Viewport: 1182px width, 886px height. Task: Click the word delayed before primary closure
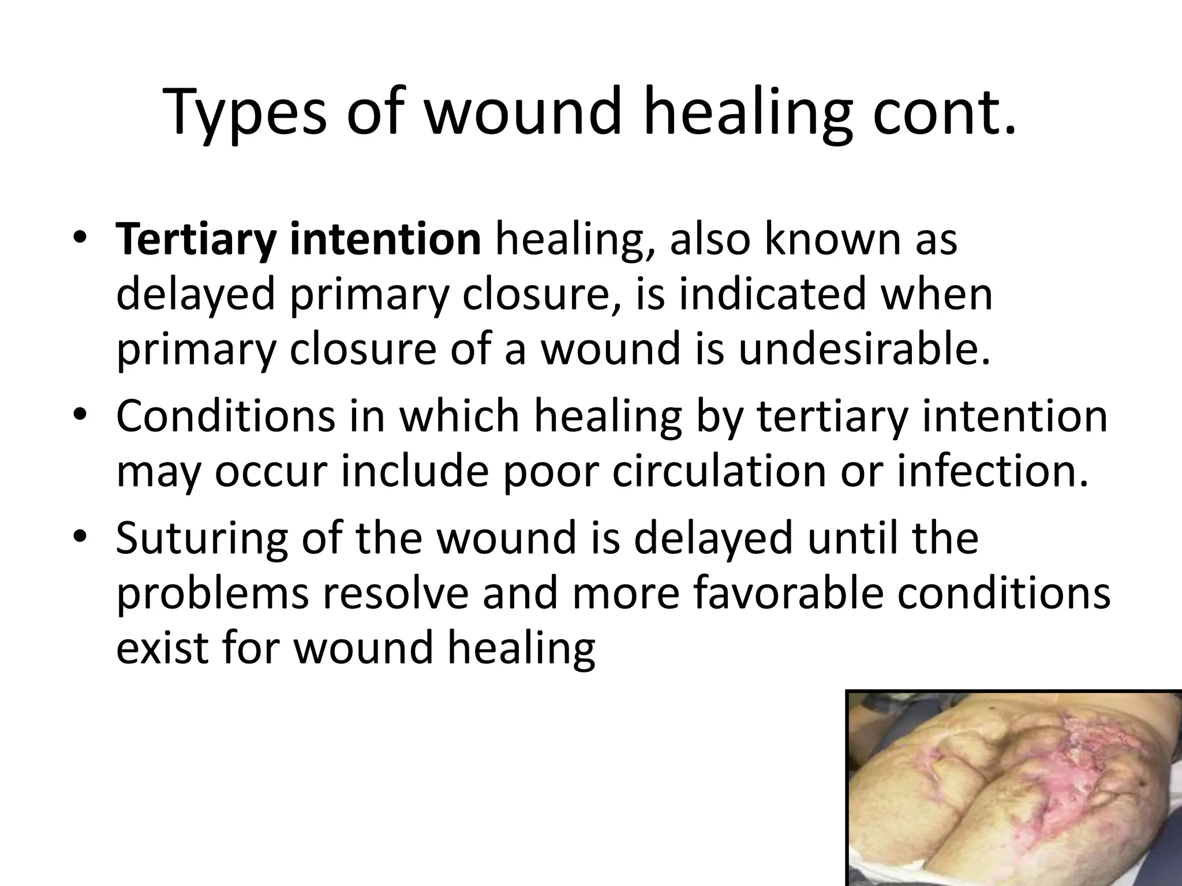pos(196,295)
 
